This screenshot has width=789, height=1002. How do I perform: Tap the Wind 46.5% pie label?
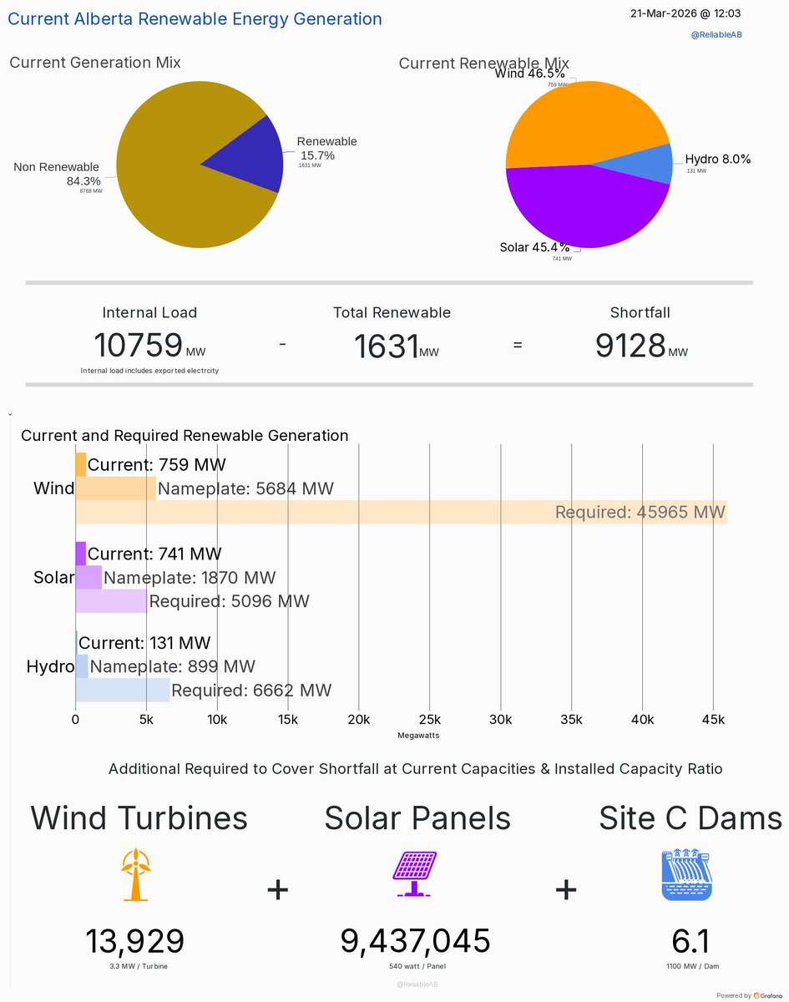tap(529, 73)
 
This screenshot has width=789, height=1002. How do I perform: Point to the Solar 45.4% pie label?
tap(534, 247)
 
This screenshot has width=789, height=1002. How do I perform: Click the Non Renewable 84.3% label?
tap(57, 174)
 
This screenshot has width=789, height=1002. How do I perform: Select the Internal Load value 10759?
tap(138, 345)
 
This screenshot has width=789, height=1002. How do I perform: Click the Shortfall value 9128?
tap(630, 345)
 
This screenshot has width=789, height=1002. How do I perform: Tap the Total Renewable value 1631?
tap(385, 346)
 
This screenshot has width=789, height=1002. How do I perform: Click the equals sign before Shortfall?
tap(518, 344)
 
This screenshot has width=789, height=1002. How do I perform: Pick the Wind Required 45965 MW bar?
tap(401, 512)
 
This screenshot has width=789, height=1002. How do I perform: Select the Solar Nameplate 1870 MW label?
tap(190, 578)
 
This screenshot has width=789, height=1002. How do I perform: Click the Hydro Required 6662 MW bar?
tap(123, 691)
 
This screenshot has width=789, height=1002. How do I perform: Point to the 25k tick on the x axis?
tap(429, 720)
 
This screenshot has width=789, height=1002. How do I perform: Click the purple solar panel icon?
tap(415, 874)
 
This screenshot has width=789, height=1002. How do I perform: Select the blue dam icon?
tap(686, 875)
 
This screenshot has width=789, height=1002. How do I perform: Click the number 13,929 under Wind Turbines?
tap(134, 941)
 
